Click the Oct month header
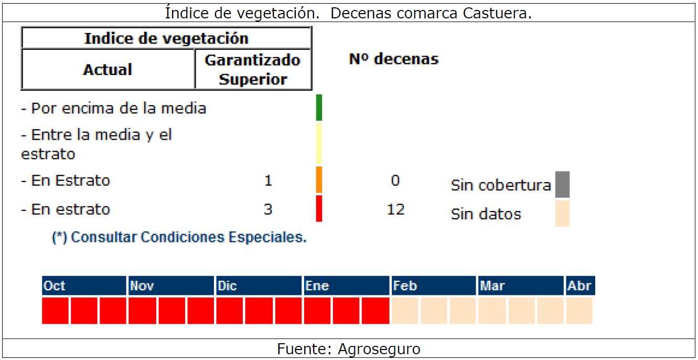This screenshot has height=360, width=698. pyautogui.click(x=84, y=286)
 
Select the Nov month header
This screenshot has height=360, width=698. pyautogui.click(x=171, y=286)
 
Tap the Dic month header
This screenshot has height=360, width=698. pyautogui.click(x=259, y=286)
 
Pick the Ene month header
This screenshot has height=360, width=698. pyautogui.click(x=346, y=286)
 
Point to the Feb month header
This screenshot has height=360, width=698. pyautogui.click(x=433, y=286)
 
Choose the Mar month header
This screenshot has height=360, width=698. pyautogui.click(x=520, y=286)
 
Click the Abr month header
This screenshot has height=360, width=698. pyautogui.click(x=580, y=286)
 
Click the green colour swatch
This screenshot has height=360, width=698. pyautogui.click(x=319, y=108)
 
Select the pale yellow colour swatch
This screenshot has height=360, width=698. pyautogui.click(x=319, y=144)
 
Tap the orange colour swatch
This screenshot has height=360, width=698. pyautogui.click(x=319, y=180)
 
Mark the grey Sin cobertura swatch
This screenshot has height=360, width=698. pyautogui.click(x=562, y=185)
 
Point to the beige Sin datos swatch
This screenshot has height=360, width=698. pyautogui.click(x=562, y=213)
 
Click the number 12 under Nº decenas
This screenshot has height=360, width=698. pyautogui.click(x=395, y=210)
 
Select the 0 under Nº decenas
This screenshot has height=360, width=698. pyautogui.click(x=395, y=181)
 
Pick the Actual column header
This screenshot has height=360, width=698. pyautogui.click(x=108, y=70)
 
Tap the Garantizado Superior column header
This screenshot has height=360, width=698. pyautogui.click(x=253, y=70)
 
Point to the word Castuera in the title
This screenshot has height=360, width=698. pyautogui.click(x=497, y=13)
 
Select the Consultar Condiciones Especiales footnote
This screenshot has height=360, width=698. pyautogui.click(x=179, y=237)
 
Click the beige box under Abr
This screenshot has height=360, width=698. pyautogui.click(x=579, y=311)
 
